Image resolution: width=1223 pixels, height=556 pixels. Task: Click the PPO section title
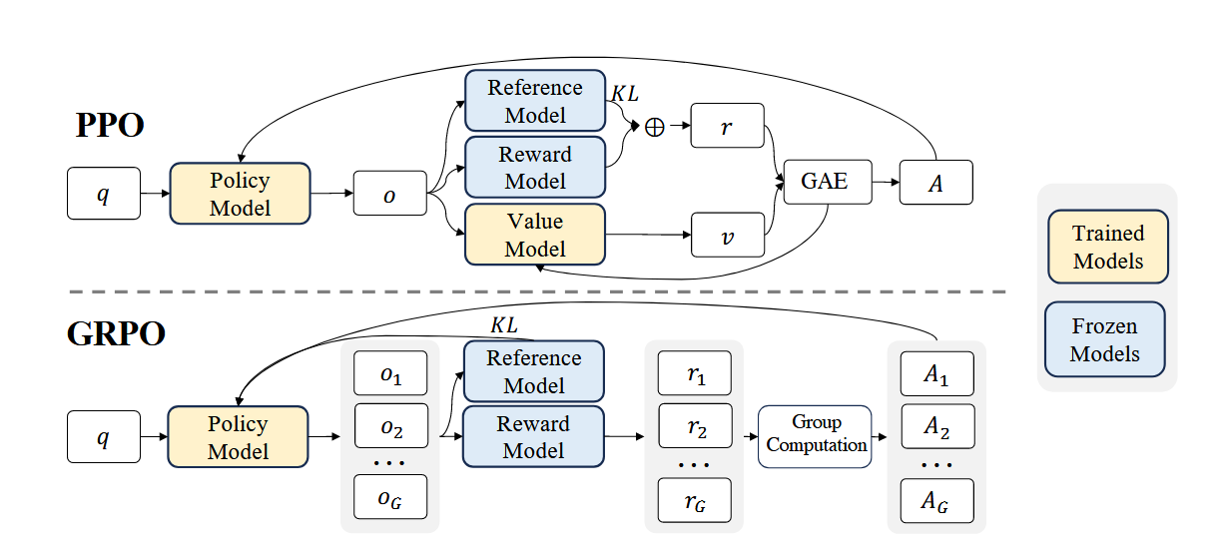click(x=110, y=126)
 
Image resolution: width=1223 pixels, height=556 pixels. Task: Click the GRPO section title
click(x=116, y=333)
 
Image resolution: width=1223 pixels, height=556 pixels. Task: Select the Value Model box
click(x=535, y=235)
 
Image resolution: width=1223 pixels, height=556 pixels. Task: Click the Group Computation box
click(x=816, y=436)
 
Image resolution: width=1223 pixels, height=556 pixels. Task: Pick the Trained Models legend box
click(x=1107, y=247)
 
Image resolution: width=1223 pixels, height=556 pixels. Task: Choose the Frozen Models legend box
click(x=1104, y=339)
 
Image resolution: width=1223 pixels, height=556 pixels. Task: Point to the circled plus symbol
click(x=655, y=128)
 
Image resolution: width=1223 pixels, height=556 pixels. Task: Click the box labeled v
click(x=728, y=237)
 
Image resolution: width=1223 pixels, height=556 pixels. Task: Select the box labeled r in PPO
click(x=728, y=127)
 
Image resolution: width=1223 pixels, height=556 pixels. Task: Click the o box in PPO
click(x=389, y=193)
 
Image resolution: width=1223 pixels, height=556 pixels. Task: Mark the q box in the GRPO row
click(x=103, y=437)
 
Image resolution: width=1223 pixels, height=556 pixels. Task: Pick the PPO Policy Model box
click(x=241, y=193)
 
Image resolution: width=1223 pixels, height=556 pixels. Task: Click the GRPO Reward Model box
click(x=534, y=436)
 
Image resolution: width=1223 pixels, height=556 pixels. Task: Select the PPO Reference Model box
click(x=535, y=100)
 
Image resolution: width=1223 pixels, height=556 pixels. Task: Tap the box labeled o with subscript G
click(x=390, y=497)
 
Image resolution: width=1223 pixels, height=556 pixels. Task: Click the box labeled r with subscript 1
click(x=695, y=372)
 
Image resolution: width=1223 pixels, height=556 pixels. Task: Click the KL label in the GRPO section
click(x=505, y=326)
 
